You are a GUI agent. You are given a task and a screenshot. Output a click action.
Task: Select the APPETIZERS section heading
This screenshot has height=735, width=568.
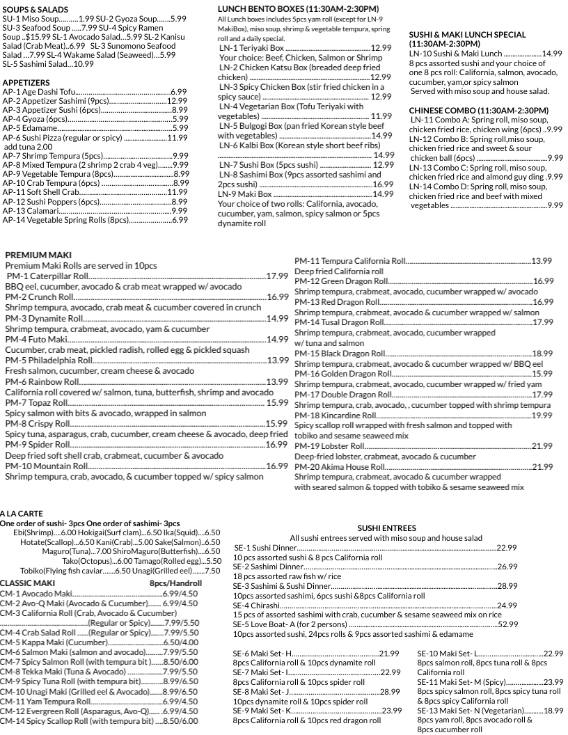tap(24, 82)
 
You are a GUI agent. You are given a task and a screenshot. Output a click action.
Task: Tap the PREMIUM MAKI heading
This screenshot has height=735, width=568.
tap(38, 255)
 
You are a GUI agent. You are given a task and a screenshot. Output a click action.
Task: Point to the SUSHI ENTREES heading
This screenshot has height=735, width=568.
tap(386, 528)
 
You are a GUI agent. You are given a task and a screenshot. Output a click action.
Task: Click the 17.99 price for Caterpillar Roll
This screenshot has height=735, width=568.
tap(278, 276)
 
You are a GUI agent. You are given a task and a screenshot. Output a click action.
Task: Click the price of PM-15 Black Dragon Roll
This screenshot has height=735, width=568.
tap(542, 354)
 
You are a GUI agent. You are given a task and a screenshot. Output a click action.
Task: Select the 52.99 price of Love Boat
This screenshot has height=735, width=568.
tap(507, 624)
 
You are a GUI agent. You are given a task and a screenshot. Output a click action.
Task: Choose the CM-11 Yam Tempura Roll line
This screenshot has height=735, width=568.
tap(48, 702)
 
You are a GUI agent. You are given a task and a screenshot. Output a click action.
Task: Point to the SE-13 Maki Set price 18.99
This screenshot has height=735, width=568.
tap(553, 711)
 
